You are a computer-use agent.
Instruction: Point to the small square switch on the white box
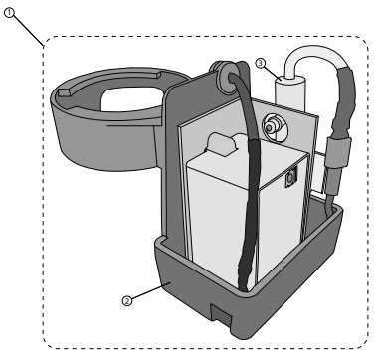290,180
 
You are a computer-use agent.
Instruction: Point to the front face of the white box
219,219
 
